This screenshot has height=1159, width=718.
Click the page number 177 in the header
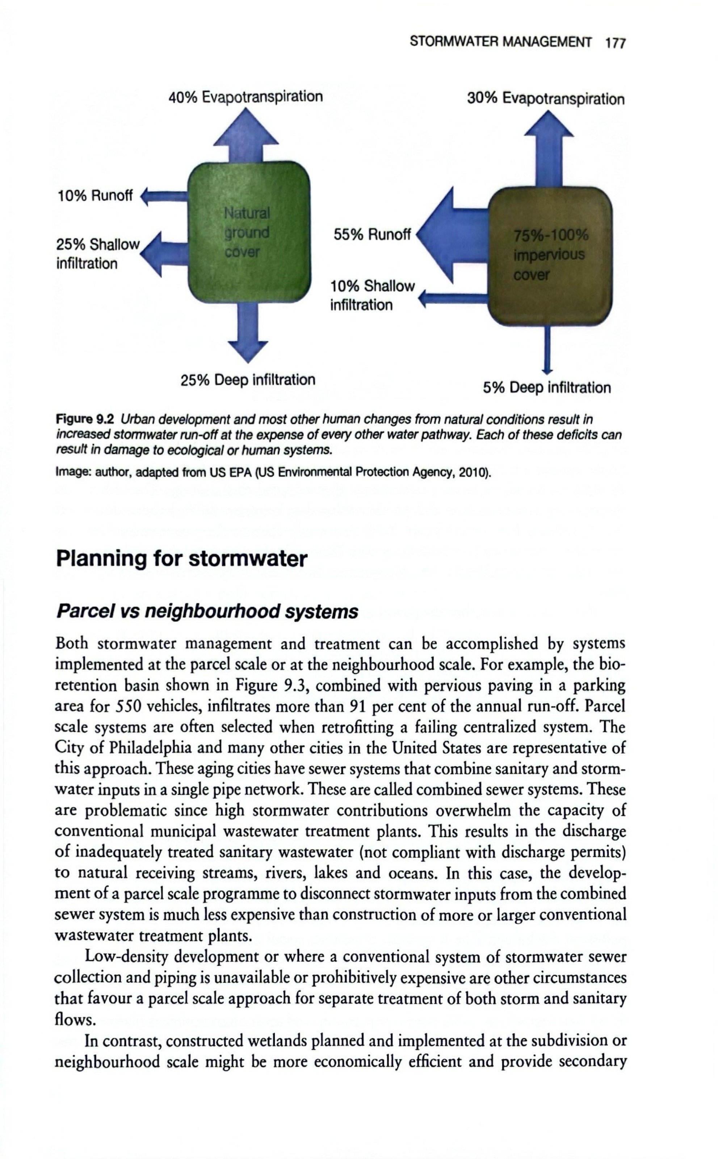pos(616,43)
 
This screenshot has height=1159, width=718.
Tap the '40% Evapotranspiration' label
pos(245,97)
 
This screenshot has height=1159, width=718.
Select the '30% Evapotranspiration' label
pos(546,99)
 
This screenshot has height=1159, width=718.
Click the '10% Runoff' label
pos(95,196)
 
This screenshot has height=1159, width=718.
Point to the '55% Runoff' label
pos(372,235)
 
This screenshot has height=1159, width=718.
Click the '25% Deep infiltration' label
pos(248,380)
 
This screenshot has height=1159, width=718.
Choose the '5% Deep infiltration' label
pos(547,388)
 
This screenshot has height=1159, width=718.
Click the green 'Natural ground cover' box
pos(249,232)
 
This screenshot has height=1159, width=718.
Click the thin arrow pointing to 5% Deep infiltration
pos(547,349)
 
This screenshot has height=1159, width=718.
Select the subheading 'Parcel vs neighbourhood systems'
pos(207,612)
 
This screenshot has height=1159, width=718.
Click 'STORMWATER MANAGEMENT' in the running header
pos(500,42)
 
